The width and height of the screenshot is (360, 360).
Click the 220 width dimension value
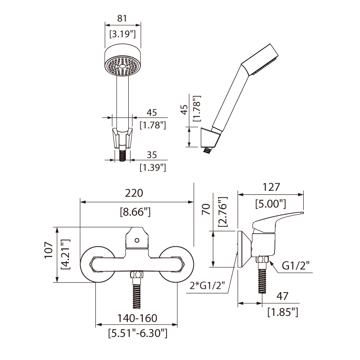(134, 193)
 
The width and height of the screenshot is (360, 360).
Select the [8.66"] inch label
(135, 211)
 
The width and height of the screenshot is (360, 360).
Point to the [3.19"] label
(122, 34)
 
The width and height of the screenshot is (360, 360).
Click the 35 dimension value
(151, 154)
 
